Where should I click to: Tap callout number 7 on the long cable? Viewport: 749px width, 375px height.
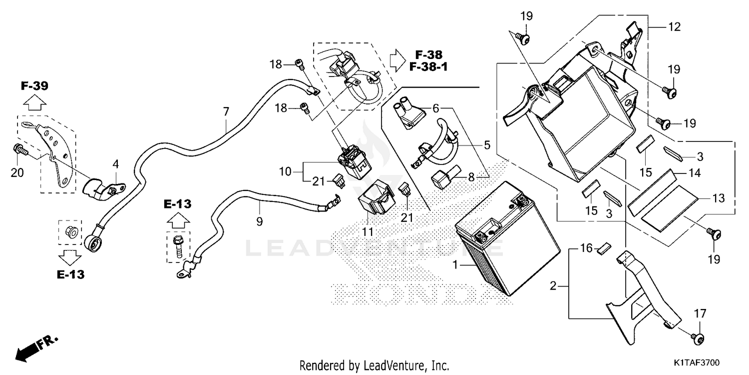[226, 112]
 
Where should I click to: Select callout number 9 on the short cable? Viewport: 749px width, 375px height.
[259, 220]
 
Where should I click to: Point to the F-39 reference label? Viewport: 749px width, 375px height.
[34, 86]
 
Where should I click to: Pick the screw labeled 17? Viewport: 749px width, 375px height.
[698, 338]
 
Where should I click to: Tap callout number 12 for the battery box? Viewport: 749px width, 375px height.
[675, 27]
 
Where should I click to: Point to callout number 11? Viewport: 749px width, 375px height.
[368, 232]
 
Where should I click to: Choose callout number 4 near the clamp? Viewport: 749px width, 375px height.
[115, 163]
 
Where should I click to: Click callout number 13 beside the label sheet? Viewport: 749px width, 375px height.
[718, 198]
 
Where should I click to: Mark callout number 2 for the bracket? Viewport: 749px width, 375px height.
[553, 286]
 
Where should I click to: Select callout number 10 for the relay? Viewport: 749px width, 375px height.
[285, 171]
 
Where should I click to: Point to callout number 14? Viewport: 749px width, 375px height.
[696, 173]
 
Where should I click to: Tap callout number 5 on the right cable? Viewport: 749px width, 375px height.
[487, 145]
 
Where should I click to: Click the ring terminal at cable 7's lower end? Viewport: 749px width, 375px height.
[93, 244]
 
